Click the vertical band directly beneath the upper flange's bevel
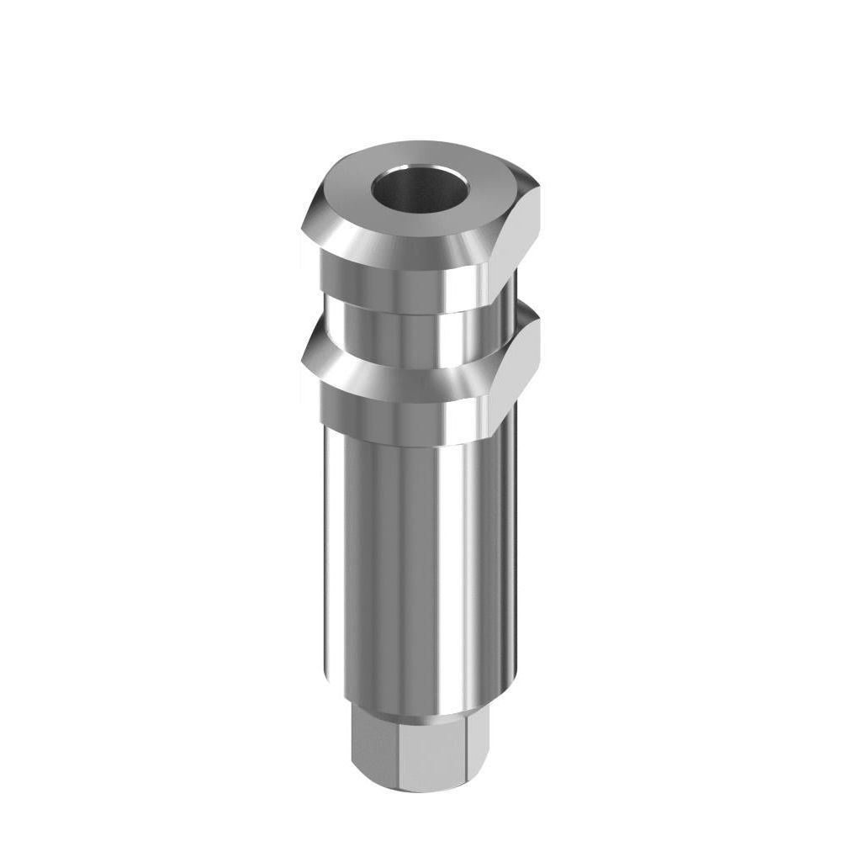coord(395,286)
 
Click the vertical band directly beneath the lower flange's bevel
coord(395,420)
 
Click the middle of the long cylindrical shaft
coord(412,563)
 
